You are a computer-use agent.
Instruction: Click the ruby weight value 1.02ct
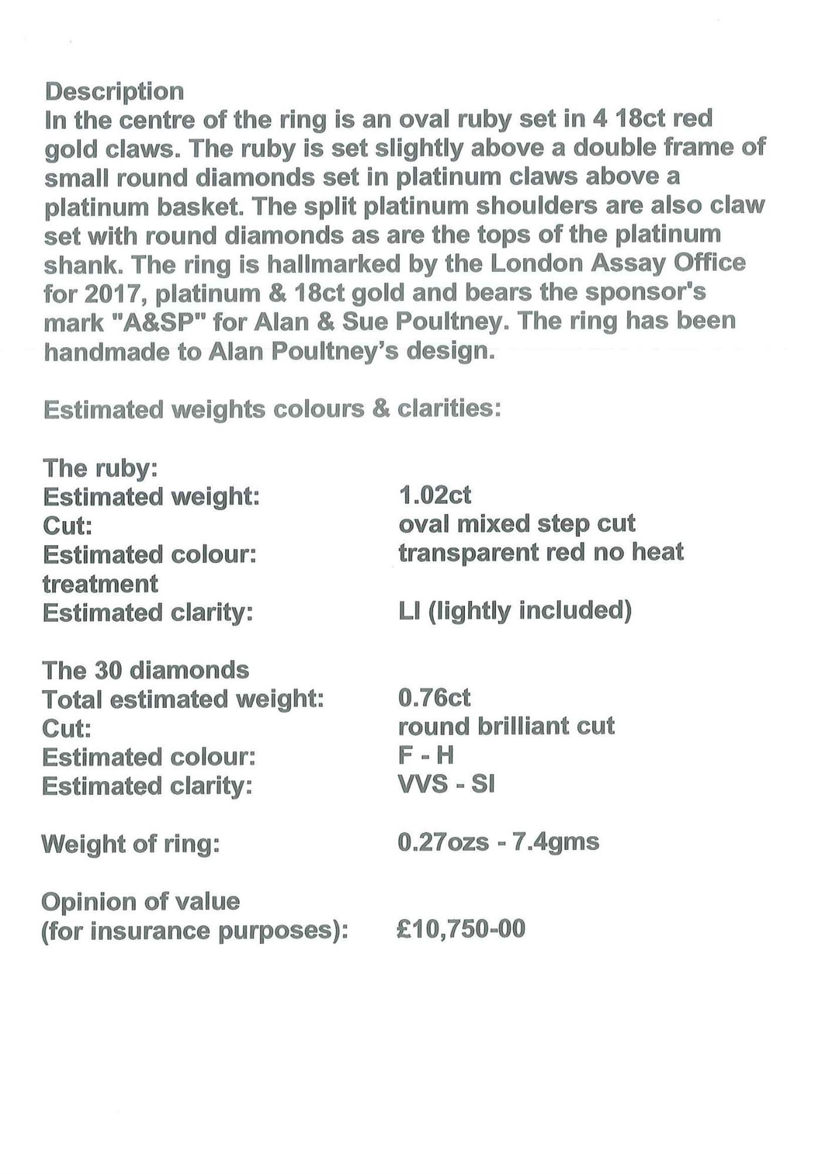(x=435, y=495)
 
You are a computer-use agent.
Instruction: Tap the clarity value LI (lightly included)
(x=515, y=611)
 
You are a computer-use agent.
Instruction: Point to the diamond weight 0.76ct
(x=434, y=698)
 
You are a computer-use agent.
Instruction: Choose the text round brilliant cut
(x=506, y=727)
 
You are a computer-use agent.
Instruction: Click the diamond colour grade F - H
(x=426, y=755)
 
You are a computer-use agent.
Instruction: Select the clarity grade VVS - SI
(x=446, y=784)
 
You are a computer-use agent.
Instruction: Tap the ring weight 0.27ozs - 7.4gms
(x=498, y=842)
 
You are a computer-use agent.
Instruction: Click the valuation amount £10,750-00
(x=461, y=929)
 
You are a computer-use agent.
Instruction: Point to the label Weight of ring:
(x=130, y=844)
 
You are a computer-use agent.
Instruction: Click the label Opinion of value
(x=141, y=901)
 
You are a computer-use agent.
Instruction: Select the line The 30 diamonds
(x=146, y=670)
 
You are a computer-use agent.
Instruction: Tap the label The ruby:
(x=100, y=468)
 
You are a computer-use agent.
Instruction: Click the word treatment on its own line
(x=100, y=583)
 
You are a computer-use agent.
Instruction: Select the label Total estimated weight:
(x=183, y=700)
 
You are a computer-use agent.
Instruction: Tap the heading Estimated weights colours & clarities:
(x=272, y=409)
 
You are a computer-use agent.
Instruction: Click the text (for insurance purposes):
(x=195, y=931)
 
